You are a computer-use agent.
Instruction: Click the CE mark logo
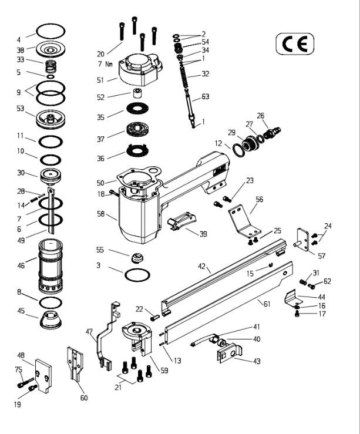coord(295,43)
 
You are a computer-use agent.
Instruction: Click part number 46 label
coord(21,265)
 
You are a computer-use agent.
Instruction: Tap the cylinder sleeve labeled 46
coord(51,266)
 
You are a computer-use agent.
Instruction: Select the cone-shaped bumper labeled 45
coord(52,321)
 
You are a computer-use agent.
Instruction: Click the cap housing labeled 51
coord(139,70)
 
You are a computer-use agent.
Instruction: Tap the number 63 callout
coord(205,97)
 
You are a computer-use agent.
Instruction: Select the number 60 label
coord(83,398)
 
